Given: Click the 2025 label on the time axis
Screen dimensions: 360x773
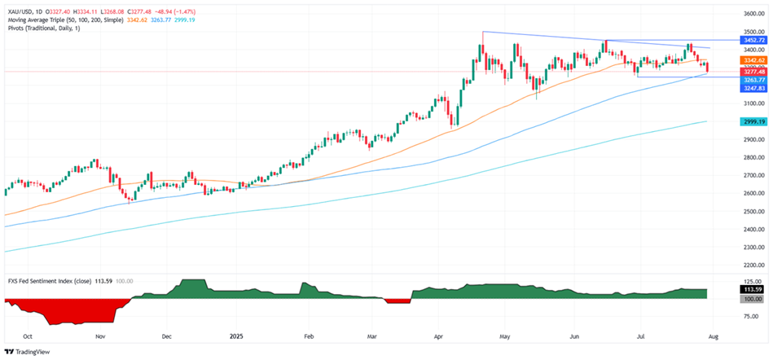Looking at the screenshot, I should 237,335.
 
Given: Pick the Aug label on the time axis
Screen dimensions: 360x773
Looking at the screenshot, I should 716,335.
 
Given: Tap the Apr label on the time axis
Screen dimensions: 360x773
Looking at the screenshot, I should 441,335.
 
